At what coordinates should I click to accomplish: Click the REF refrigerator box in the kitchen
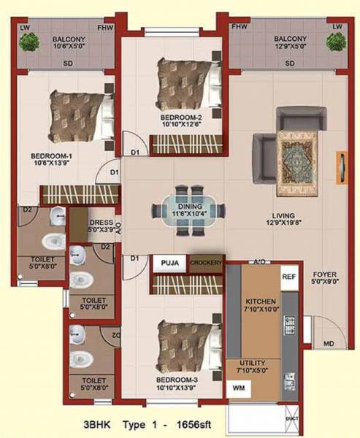[x=288, y=277]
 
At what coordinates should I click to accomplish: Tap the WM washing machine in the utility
[x=239, y=388]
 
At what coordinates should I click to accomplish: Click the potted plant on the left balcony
[x=29, y=42]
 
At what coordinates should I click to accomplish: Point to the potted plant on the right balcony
[x=336, y=42]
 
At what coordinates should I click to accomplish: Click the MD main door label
[x=330, y=343]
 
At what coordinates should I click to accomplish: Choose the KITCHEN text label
[x=259, y=301]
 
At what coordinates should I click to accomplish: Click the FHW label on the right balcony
[x=239, y=26]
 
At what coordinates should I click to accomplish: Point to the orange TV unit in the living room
[x=341, y=168]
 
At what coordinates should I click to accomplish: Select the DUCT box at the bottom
[x=293, y=418]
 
